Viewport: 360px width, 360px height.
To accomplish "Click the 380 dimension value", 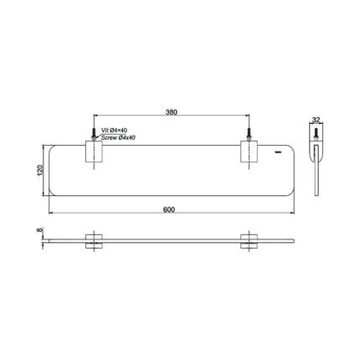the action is click(x=172, y=112).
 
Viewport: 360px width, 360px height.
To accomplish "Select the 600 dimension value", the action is click(x=169, y=209).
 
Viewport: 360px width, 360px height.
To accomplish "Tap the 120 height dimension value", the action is click(x=40, y=170).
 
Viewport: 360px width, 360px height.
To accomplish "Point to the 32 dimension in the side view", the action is click(x=316, y=120).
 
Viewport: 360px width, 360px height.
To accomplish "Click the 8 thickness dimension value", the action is click(x=39, y=230).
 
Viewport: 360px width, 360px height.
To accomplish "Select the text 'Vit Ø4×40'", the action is click(x=114, y=130).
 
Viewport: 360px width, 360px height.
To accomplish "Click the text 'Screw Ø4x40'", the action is click(x=118, y=137).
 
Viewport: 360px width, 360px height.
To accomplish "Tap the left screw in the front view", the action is click(x=94, y=134).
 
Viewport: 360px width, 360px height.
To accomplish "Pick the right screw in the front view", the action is click(x=249, y=134).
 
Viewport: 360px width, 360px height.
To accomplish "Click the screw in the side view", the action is click(x=316, y=134).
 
